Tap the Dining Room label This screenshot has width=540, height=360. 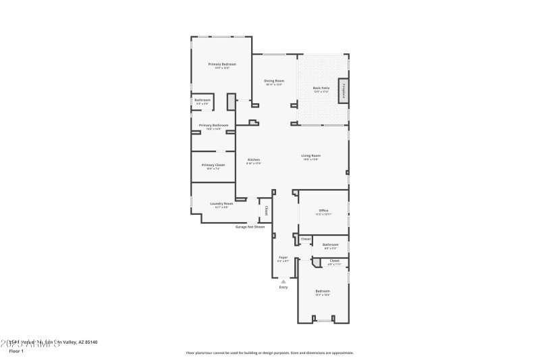[x=273, y=81]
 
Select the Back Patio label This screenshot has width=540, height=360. [x=321, y=88]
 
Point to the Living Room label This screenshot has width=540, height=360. [x=311, y=155]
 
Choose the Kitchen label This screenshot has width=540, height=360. [x=254, y=160]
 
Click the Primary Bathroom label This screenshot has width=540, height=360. [x=213, y=126]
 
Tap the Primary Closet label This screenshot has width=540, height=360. [x=213, y=165]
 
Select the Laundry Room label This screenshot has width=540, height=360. [x=221, y=203]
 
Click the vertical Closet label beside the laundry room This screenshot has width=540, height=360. [x=267, y=211]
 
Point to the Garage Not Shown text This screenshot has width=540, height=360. [x=249, y=227]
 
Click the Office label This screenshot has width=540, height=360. [x=323, y=211]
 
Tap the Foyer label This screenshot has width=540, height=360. [x=283, y=257]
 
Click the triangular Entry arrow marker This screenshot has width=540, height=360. [x=283, y=281]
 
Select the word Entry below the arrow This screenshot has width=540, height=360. [x=283, y=288]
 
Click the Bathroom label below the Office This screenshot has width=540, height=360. [x=330, y=245]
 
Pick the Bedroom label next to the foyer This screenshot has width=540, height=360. [x=323, y=291]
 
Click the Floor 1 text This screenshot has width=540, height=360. [x=16, y=351]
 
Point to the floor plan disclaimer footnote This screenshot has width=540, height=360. [x=270, y=353]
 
